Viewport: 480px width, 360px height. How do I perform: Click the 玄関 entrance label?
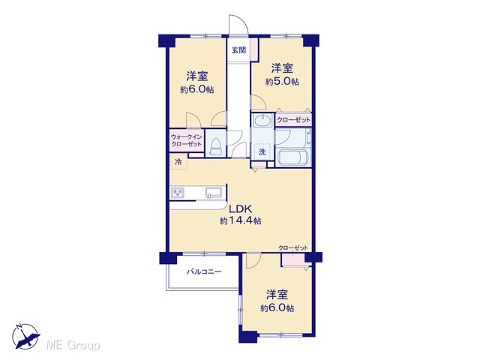point(238,50)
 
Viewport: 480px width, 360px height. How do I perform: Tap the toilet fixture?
point(215,147)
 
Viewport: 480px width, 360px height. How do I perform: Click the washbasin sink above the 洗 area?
point(262,121)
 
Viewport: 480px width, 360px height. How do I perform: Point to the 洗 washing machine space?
point(262,151)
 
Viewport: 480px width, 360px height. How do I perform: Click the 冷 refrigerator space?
point(178,162)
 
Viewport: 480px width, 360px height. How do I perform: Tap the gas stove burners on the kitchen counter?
point(178,193)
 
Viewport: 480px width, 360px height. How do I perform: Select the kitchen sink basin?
point(213,193)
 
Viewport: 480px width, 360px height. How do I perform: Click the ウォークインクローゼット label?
point(187,140)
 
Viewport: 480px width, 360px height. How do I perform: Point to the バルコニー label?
point(204,271)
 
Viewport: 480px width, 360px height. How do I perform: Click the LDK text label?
point(241,209)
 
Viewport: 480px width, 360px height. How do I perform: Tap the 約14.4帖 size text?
point(240,220)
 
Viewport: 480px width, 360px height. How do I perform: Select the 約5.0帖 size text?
point(282,82)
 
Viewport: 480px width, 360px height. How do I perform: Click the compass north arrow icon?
point(25,336)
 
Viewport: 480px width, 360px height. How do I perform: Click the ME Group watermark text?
point(73,346)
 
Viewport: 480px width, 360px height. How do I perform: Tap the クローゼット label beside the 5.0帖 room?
point(293,120)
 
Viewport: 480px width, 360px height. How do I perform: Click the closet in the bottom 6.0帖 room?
point(293,259)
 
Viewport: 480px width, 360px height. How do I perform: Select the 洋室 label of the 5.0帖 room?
point(282,68)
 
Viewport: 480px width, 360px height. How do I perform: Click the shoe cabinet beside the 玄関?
point(254,49)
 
